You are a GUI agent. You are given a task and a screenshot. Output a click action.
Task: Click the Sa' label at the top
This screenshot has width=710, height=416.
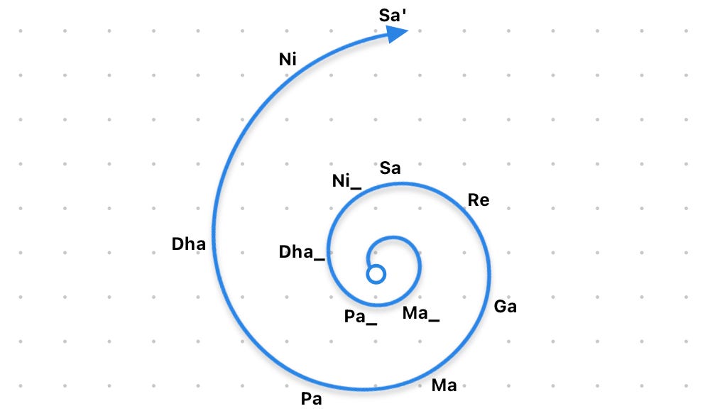(x=392, y=16)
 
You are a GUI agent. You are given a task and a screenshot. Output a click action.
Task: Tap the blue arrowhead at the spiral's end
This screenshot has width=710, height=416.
(x=397, y=34)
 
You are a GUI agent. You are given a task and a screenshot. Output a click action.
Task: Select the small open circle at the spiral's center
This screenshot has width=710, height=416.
(x=376, y=274)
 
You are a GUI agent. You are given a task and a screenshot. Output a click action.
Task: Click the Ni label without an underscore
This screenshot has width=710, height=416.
(x=288, y=60)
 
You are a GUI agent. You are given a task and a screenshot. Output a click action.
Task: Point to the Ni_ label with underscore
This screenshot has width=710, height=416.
(x=347, y=182)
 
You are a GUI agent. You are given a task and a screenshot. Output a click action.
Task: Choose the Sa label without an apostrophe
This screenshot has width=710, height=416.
(x=390, y=168)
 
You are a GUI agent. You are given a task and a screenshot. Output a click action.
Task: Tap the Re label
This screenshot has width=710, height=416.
(x=479, y=200)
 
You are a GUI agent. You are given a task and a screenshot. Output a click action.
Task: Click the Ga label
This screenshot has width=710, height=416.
(x=506, y=307)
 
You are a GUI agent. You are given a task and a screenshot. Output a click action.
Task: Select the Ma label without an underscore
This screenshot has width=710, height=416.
(x=444, y=385)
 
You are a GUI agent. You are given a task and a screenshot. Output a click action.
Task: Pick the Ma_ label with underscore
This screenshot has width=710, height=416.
(x=420, y=314)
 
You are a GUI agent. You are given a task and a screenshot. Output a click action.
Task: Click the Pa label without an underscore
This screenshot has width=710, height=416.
(x=312, y=399)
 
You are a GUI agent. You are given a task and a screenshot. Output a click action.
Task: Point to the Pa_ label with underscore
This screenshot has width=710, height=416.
(x=361, y=317)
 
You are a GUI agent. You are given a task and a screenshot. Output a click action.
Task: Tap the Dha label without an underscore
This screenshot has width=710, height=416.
(x=188, y=244)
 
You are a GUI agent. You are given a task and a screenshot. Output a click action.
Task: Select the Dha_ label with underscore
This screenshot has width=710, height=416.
(x=302, y=252)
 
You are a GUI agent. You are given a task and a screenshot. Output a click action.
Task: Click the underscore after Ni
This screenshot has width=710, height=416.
(x=356, y=188)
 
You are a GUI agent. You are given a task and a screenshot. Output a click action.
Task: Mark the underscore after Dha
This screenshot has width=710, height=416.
(x=319, y=259)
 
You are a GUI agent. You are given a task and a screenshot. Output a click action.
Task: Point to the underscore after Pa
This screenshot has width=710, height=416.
(x=372, y=324)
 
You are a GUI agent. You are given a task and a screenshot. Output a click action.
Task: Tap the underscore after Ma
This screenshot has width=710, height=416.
(x=434, y=320)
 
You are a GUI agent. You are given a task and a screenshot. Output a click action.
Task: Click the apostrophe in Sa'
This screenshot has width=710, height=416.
(x=404, y=11)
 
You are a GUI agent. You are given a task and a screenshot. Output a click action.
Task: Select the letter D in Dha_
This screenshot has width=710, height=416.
(x=285, y=252)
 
